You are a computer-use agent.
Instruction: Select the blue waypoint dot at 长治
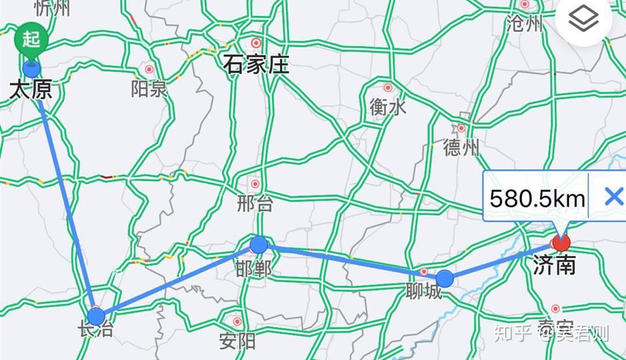click(96, 316)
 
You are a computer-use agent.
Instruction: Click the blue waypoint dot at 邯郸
click(259, 245)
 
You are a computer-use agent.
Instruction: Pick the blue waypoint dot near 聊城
click(445, 279)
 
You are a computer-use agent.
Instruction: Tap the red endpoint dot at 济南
click(561, 242)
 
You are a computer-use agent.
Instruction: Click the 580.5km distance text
click(536, 199)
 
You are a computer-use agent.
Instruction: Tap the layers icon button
click(584, 21)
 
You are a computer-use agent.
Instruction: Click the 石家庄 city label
click(256, 64)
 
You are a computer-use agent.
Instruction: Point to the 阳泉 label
click(149, 88)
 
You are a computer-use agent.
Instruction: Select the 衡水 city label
click(388, 106)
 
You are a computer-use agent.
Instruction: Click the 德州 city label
click(461, 147)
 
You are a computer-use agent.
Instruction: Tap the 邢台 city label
click(255, 204)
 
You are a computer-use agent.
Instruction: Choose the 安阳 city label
click(237, 340)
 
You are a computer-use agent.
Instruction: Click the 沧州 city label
click(524, 24)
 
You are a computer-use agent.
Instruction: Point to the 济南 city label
click(554, 265)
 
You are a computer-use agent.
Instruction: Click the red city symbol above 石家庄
click(256, 42)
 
